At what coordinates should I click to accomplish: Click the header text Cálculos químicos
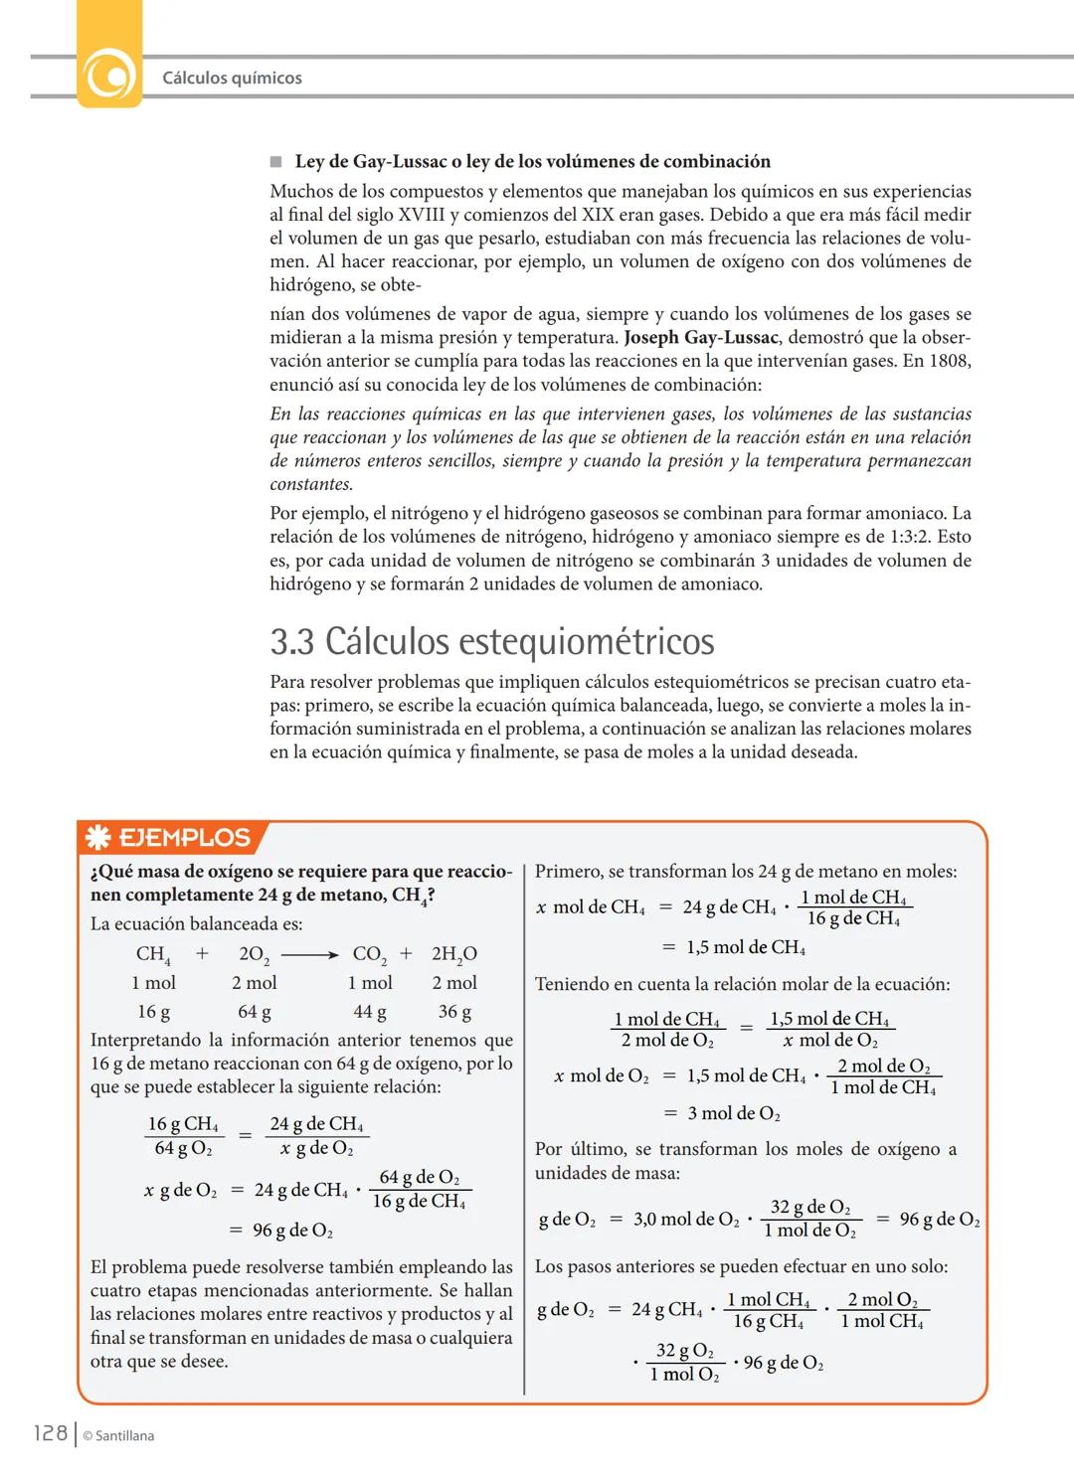232,78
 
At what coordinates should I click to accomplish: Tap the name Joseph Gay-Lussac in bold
700,338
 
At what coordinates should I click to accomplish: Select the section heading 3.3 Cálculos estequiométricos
491,641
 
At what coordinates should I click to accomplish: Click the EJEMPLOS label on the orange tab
184,838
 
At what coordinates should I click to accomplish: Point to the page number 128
50,1433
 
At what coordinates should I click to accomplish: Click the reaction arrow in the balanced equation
309,954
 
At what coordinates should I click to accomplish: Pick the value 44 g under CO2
369,1012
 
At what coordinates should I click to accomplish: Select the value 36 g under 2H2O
454,1012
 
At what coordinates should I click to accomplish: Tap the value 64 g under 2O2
254,1012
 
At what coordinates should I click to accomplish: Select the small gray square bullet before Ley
276,162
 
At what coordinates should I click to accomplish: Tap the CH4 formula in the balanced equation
153,954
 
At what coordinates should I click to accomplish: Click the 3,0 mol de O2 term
686,1220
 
